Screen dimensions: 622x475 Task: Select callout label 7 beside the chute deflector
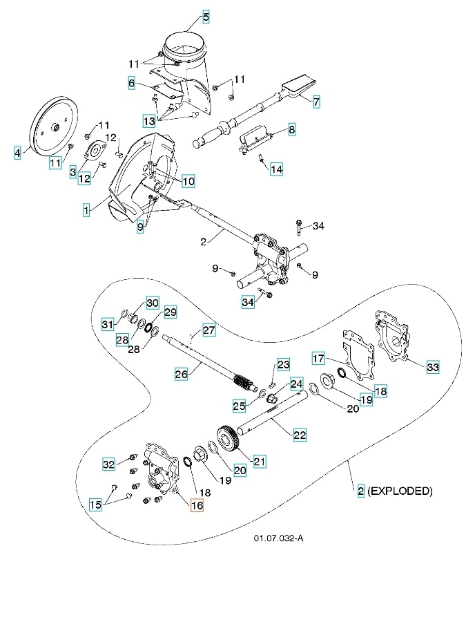click(316, 102)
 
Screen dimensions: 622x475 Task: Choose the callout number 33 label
click(433, 367)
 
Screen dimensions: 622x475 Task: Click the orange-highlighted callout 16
click(197, 505)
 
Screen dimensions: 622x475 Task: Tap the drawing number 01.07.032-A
click(278, 538)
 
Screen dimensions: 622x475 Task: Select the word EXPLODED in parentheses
click(400, 491)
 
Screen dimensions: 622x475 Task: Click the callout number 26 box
click(182, 374)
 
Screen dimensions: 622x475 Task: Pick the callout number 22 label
click(300, 435)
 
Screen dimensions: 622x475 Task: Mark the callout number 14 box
click(276, 169)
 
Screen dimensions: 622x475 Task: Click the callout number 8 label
click(291, 129)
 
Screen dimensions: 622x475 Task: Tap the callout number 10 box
click(188, 181)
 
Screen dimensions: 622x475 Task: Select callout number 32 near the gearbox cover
click(109, 464)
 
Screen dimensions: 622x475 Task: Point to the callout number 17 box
click(318, 359)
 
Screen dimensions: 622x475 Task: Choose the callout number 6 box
click(130, 84)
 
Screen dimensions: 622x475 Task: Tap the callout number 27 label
click(209, 330)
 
